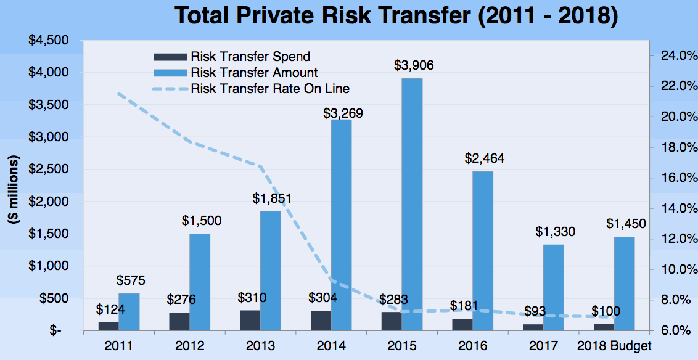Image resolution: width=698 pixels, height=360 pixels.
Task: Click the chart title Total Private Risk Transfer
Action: tap(396, 16)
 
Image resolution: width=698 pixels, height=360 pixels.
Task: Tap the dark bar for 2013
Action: tap(250, 320)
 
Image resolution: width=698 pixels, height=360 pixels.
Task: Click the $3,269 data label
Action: tap(343, 113)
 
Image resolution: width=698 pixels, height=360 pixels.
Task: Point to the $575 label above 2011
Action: tap(131, 281)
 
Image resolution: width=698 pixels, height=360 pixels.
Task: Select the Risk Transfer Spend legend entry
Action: tap(250, 57)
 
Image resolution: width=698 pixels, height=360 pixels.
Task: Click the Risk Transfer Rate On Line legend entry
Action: tap(269, 88)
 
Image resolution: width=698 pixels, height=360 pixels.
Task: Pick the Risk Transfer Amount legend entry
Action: tap(254, 73)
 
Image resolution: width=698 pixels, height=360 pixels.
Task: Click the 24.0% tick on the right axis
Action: tap(674, 56)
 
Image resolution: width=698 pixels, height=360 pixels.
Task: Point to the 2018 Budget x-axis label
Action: tap(614, 345)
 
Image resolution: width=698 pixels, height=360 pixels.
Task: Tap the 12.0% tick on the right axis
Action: tap(674, 239)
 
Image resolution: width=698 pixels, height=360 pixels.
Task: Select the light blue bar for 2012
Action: tap(199, 282)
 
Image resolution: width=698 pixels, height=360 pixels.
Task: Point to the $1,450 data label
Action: tap(626, 223)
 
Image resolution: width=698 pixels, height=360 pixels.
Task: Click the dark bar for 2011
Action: tap(109, 326)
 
